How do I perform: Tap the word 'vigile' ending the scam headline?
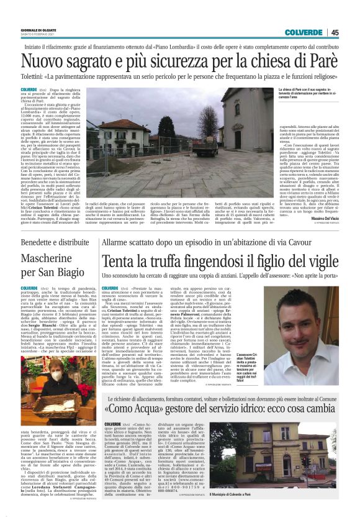click(x=323, y=262)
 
